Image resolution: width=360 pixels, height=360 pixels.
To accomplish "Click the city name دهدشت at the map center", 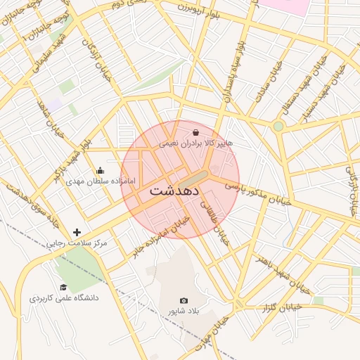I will click(x=174, y=191).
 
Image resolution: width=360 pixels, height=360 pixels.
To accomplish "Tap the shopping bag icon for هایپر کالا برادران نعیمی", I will click(x=195, y=131).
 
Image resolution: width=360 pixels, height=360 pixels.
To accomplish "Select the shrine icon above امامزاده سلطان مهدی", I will click(x=100, y=170).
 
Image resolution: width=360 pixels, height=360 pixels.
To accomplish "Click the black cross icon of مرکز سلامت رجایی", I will click(x=77, y=232).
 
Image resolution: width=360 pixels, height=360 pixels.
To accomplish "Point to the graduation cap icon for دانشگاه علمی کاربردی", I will click(x=63, y=287).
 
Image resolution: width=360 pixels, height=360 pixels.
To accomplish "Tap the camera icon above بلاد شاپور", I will click(x=184, y=300).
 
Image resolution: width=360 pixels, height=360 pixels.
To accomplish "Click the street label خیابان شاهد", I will click(x=51, y=120).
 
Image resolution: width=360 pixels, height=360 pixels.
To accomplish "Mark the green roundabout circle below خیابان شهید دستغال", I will click(x=278, y=126).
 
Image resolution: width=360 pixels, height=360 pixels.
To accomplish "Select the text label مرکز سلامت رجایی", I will click(x=77, y=243).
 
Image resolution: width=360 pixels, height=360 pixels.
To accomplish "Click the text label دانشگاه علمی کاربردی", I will click(x=64, y=298).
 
